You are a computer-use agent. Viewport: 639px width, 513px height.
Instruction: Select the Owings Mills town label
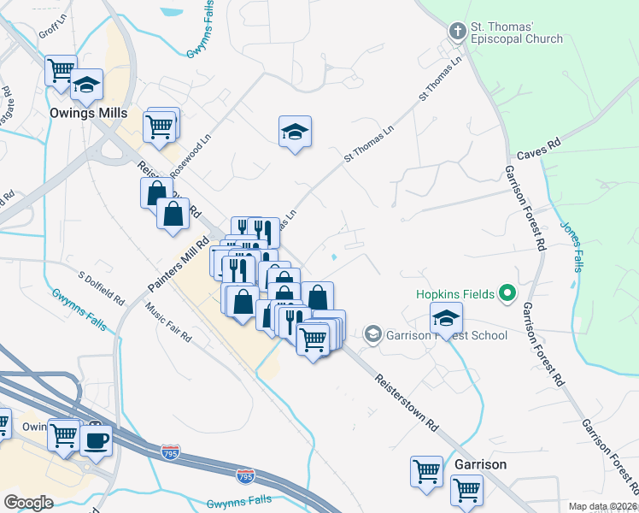tap(88, 113)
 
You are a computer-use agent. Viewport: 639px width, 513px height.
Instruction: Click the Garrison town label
tap(481, 464)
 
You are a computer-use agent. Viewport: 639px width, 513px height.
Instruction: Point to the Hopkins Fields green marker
tap(507, 294)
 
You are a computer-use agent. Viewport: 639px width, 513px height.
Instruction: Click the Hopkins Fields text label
tap(456, 294)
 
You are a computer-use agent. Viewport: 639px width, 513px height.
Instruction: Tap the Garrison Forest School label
tap(445, 335)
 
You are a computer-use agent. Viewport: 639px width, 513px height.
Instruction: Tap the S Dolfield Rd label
tap(102, 290)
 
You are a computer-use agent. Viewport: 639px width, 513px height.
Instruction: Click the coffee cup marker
tap(97, 440)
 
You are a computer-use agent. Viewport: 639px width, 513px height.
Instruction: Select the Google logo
tap(28, 503)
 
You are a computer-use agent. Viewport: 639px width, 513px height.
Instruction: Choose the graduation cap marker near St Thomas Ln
tap(295, 133)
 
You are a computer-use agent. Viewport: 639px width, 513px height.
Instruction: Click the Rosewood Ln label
tap(190, 155)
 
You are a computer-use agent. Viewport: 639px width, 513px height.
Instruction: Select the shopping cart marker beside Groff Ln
tap(61, 71)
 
